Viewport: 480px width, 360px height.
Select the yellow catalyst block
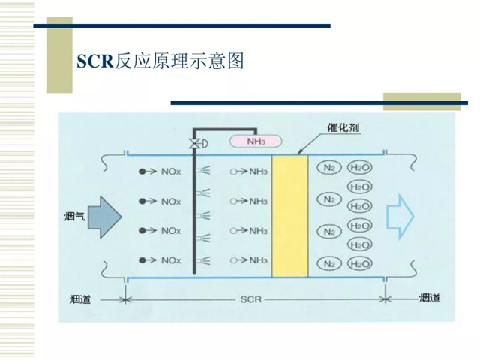(289, 216)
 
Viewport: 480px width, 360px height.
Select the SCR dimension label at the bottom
(251, 299)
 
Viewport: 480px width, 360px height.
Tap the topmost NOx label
(169, 172)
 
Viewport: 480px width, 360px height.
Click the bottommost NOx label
(169, 260)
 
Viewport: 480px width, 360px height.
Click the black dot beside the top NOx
(141, 172)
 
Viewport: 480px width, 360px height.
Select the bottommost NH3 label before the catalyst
(258, 260)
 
